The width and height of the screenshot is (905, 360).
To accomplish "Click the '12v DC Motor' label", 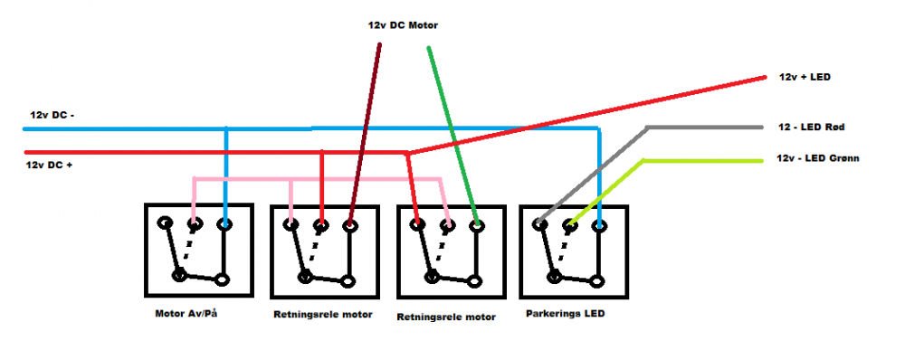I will [x=396, y=25].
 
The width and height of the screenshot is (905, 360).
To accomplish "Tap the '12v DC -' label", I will [x=52, y=116].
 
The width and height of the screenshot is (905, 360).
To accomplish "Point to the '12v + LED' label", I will [x=805, y=78].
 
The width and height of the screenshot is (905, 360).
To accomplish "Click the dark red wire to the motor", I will [x=367, y=127].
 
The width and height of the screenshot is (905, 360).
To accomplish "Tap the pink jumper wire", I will [x=317, y=180].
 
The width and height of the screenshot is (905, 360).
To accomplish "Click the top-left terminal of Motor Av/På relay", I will [x=163, y=223].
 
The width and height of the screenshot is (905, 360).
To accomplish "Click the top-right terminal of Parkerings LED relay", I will [x=598, y=224].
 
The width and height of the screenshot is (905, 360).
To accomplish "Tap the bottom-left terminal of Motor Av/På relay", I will [x=180, y=273].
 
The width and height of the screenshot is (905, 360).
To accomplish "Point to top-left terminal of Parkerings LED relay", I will [x=539, y=223].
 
